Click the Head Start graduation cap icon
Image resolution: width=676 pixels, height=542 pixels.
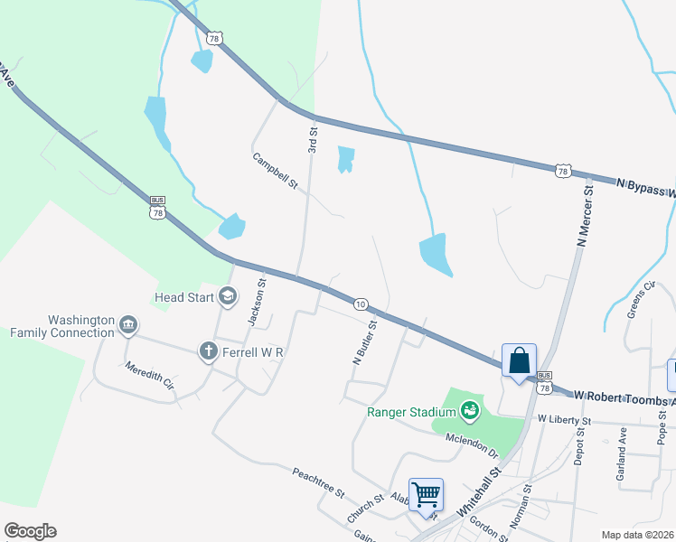[227, 296]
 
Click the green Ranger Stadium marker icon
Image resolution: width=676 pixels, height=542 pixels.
[469, 413]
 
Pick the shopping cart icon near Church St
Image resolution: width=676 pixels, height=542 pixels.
[426, 494]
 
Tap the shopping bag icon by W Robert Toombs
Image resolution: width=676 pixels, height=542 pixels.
[520, 360]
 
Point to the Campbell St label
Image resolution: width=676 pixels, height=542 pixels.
[275, 171]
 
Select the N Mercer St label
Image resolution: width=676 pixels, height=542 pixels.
[585, 216]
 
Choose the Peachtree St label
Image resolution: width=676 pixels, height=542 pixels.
[318, 482]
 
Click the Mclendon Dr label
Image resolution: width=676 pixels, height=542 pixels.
[472, 444]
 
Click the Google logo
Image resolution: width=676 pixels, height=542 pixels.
[30, 531]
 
